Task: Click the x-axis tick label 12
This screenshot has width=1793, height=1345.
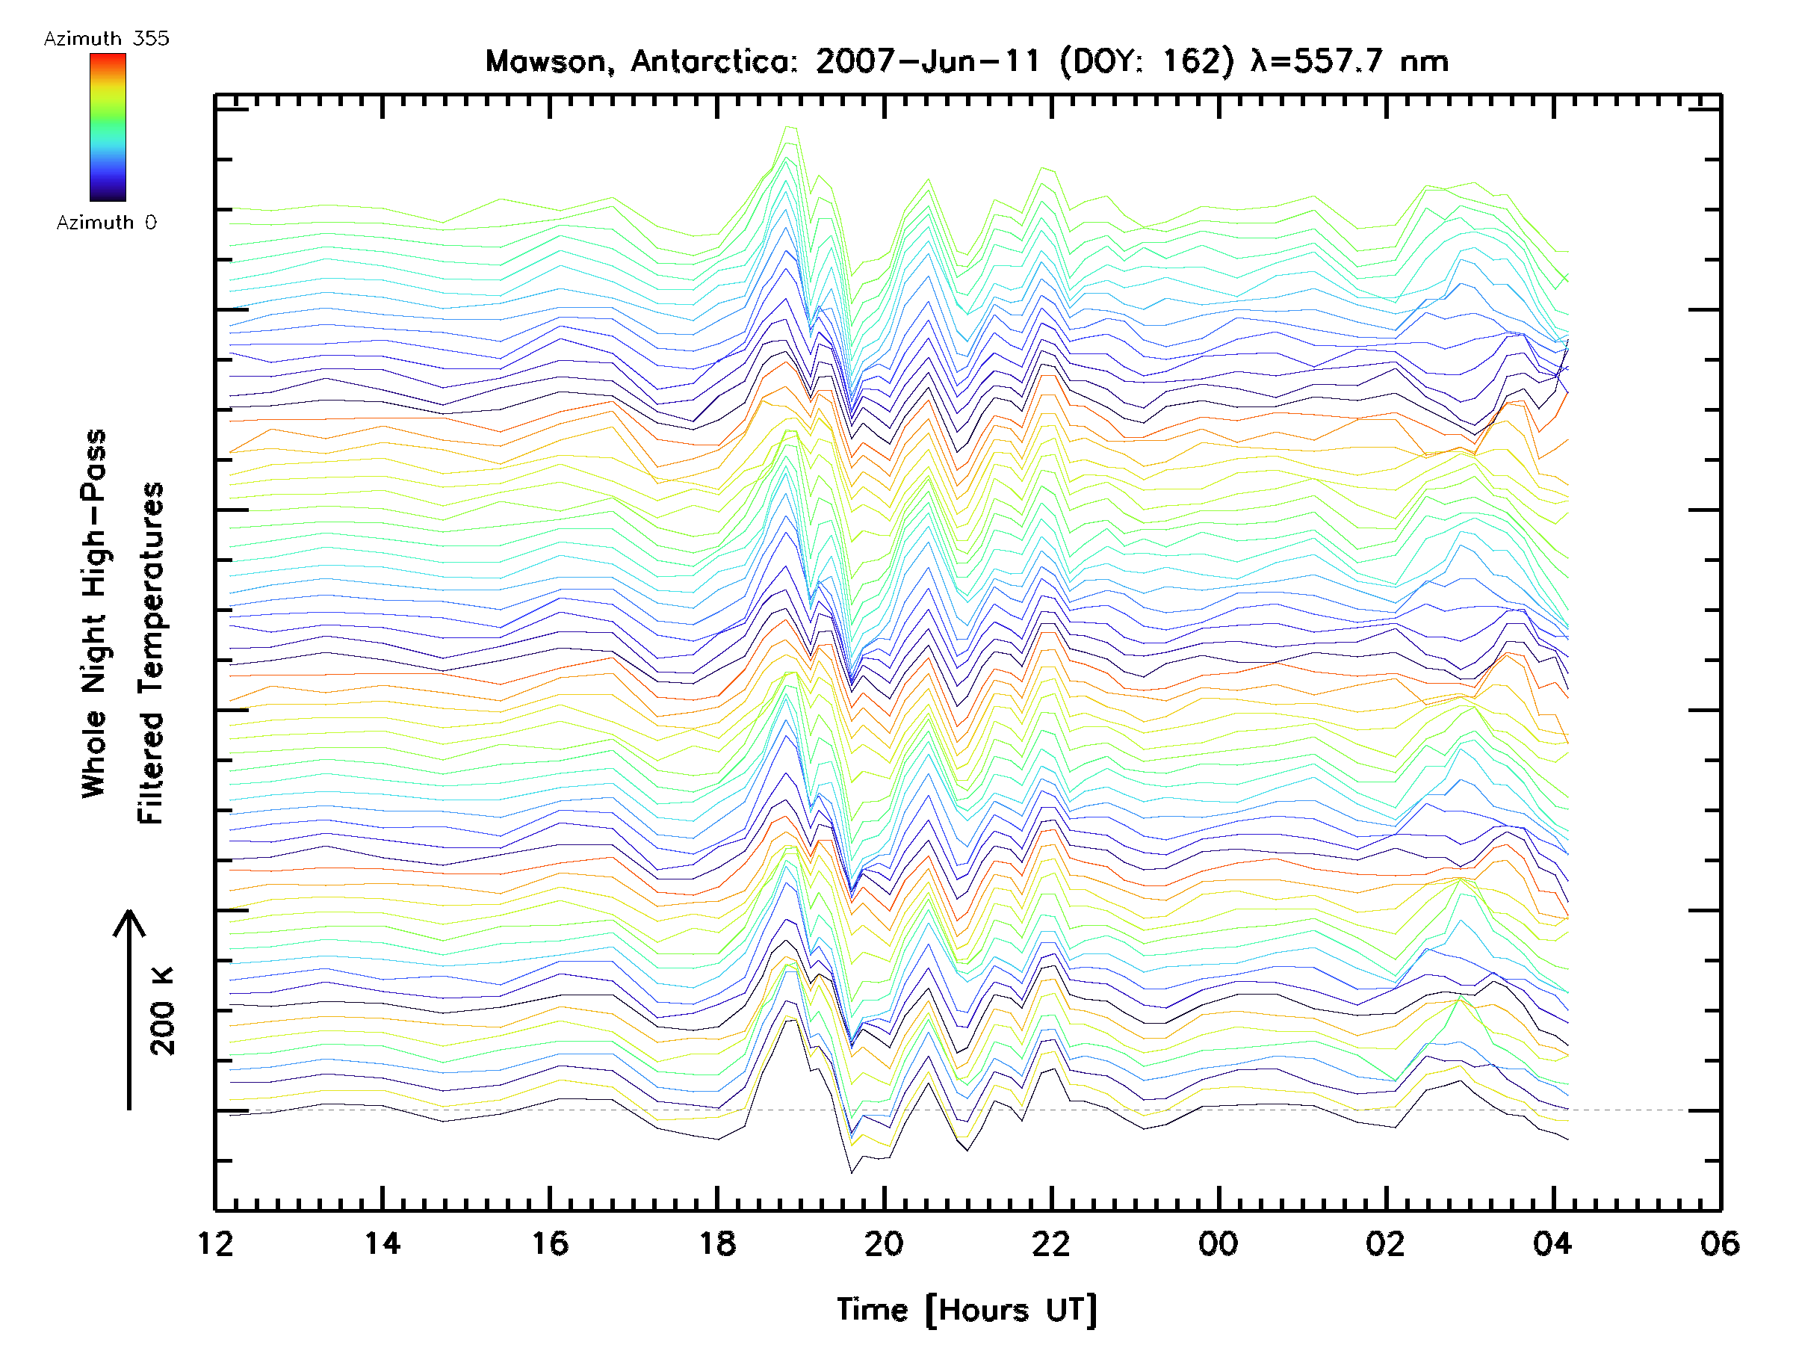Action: tap(215, 1243)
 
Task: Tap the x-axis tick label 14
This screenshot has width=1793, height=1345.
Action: tap(382, 1243)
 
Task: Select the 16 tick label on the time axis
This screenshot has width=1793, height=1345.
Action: tap(550, 1243)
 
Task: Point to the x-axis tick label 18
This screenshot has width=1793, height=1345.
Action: tap(717, 1243)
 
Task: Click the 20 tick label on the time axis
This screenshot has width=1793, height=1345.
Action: tap(884, 1243)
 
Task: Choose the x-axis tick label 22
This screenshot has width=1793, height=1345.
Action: tap(1051, 1243)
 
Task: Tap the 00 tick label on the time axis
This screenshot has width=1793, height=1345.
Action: tap(1218, 1243)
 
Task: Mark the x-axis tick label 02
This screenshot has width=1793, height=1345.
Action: tap(1385, 1243)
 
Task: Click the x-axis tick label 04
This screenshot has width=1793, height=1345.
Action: tap(1552, 1243)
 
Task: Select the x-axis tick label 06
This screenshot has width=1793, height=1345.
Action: tap(1720, 1243)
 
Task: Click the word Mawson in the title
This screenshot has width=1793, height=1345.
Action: tap(545, 61)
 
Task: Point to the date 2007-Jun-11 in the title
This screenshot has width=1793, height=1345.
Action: tap(927, 61)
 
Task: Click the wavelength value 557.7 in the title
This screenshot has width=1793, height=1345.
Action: tap(1337, 61)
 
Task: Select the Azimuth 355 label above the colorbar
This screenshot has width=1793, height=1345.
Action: tap(106, 39)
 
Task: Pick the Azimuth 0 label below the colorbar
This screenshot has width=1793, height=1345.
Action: tap(106, 223)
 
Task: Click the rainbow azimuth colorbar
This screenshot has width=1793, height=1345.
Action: tap(108, 127)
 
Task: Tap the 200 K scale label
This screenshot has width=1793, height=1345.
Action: tap(163, 1011)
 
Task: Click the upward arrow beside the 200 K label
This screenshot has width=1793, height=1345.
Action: tap(129, 1009)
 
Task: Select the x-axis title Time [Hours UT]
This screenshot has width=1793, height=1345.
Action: tap(967, 1310)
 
